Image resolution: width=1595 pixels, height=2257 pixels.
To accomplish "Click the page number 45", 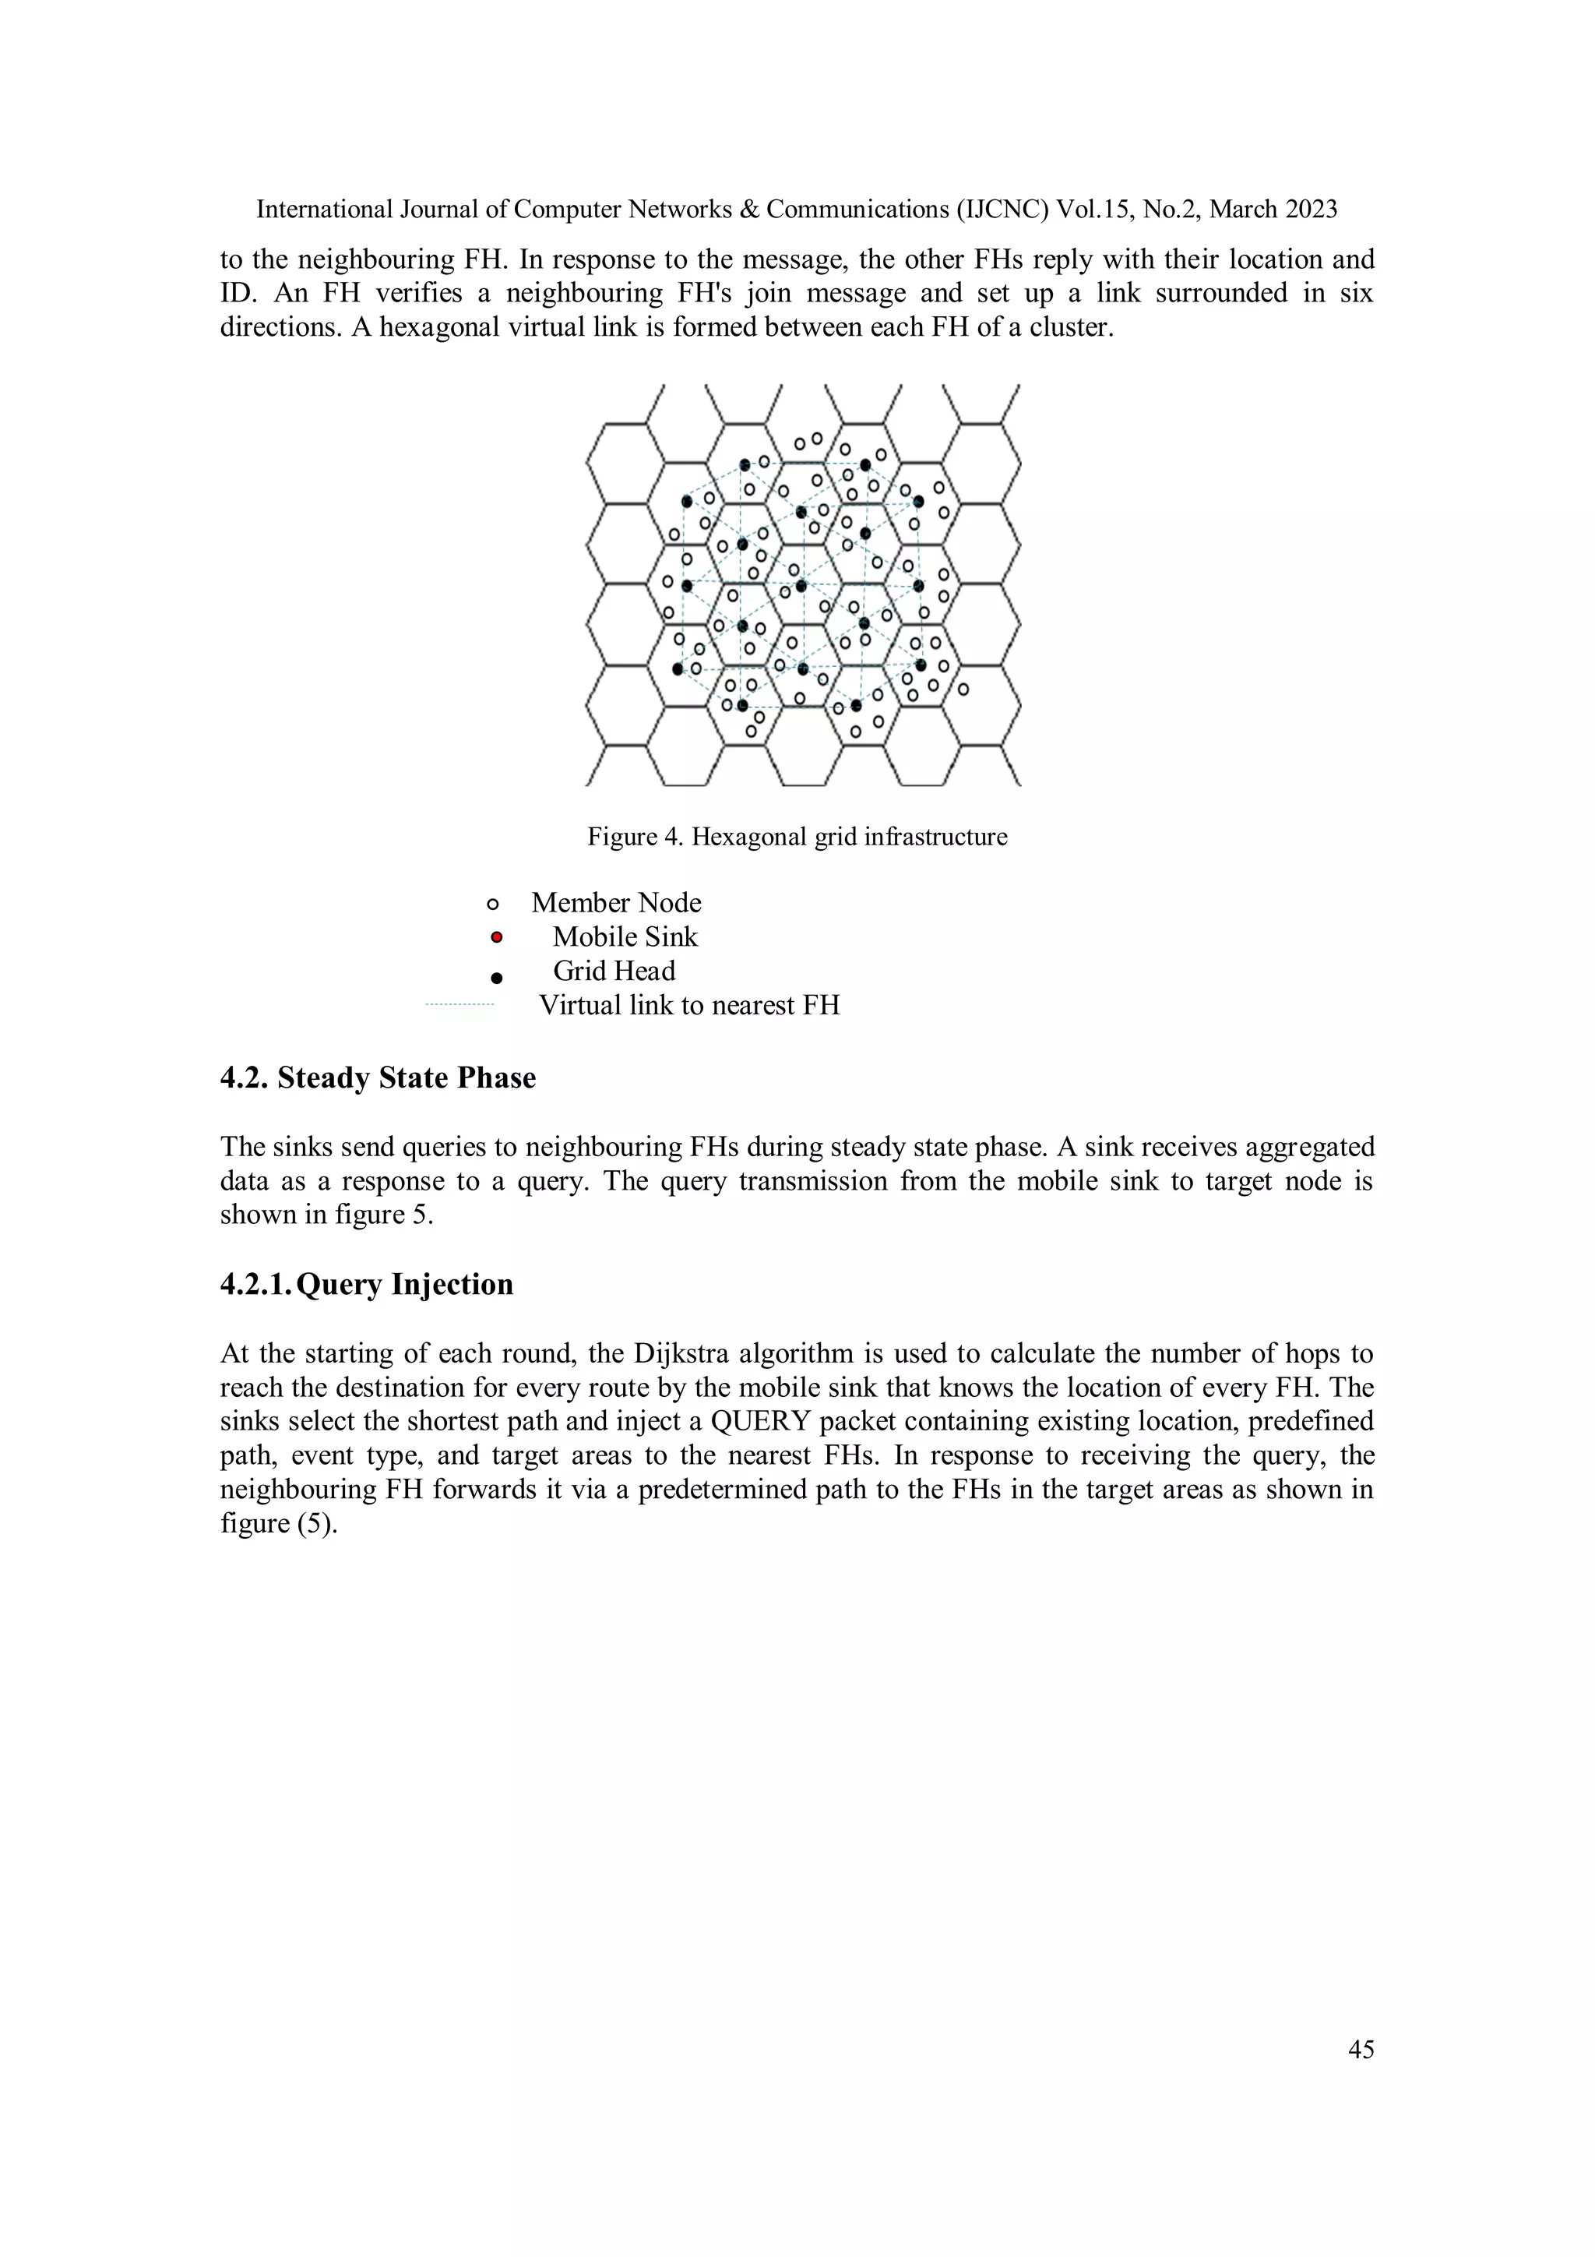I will tap(1360, 2050).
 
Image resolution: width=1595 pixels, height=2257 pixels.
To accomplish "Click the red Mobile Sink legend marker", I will tap(496, 936).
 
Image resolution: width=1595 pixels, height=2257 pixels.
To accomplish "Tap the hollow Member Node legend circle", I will tap(493, 905).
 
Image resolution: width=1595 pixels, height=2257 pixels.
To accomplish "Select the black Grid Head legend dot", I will tap(496, 978).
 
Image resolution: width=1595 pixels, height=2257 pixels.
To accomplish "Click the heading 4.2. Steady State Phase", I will tap(378, 1077).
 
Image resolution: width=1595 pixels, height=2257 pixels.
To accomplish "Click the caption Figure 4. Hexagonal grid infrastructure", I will tap(797, 837).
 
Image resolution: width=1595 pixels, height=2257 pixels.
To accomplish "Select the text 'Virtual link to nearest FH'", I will tap(689, 1005).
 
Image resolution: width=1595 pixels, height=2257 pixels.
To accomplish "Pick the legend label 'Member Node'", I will tap(616, 902).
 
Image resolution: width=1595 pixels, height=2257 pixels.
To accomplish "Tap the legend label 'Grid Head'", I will tap(614, 972).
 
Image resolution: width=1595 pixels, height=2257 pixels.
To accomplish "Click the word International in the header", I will tap(323, 210).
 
